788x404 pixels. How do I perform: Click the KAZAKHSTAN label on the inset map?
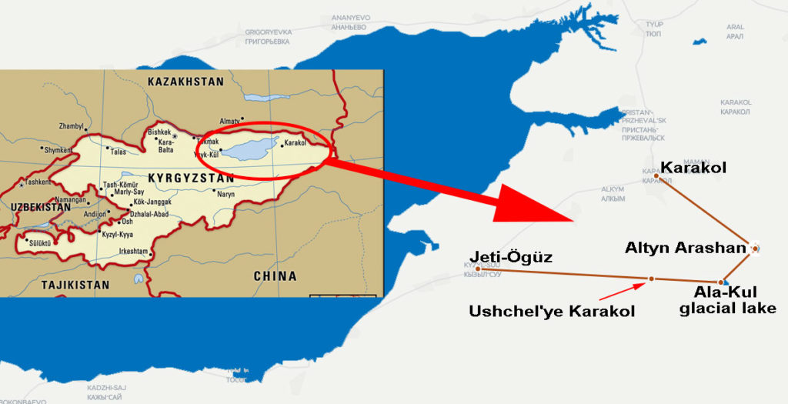185,81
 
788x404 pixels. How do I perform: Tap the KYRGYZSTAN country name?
190,178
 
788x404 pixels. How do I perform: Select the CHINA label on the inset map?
275,275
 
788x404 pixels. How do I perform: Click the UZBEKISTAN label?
40,208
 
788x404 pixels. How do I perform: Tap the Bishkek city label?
161,132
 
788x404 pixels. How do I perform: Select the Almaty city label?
231,121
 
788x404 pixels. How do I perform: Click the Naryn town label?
225,194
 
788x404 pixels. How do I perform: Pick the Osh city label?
127,222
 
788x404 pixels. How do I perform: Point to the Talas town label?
118,152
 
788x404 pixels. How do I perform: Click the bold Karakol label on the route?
693,167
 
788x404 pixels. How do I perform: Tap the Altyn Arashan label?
686,248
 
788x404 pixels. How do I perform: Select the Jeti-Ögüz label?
513,257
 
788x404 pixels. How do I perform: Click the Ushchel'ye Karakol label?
552,311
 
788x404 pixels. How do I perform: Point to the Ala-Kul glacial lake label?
735,300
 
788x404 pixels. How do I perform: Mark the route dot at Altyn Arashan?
756,248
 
